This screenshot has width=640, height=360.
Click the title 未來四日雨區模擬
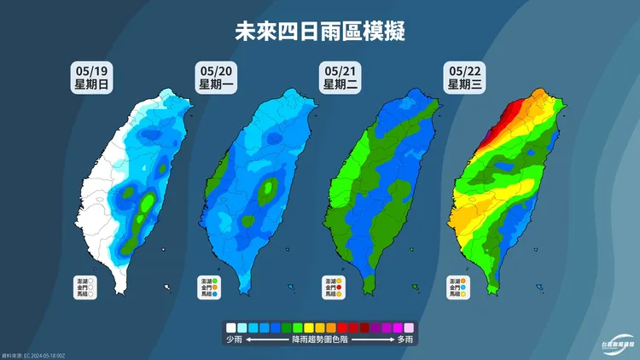click(320, 32)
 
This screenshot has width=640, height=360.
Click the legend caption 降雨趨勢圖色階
click(319, 340)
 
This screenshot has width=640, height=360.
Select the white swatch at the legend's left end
click(230, 327)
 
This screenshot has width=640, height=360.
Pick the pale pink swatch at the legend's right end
click(409, 327)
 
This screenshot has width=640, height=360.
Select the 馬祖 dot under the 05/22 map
click(465, 295)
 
